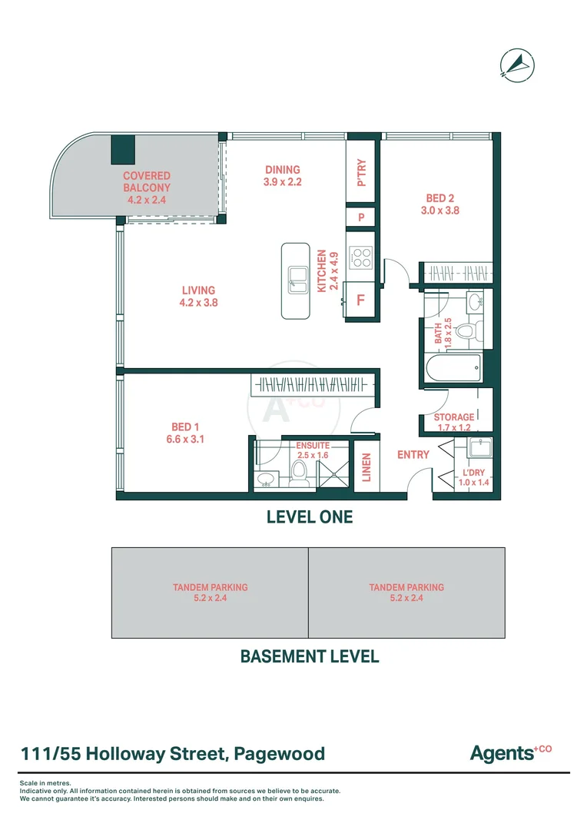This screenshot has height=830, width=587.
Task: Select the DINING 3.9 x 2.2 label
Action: click(283, 176)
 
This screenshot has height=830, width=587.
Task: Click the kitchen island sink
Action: click(296, 277)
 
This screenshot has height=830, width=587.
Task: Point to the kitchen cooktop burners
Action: click(360, 257)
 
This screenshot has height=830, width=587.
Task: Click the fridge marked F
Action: click(360, 300)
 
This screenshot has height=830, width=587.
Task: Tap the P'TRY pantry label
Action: click(362, 172)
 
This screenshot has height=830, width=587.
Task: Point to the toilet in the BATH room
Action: click(466, 331)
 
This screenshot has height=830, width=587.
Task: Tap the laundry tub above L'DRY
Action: click(479, 447)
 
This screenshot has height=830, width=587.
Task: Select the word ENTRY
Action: click(413, 455)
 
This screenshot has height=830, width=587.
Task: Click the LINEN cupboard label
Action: click(366, 467)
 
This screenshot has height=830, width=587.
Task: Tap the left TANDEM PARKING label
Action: click(210, 592)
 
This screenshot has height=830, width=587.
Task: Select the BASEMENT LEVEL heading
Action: click(309, 656)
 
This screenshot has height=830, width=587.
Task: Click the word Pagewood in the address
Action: click(280, 754)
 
